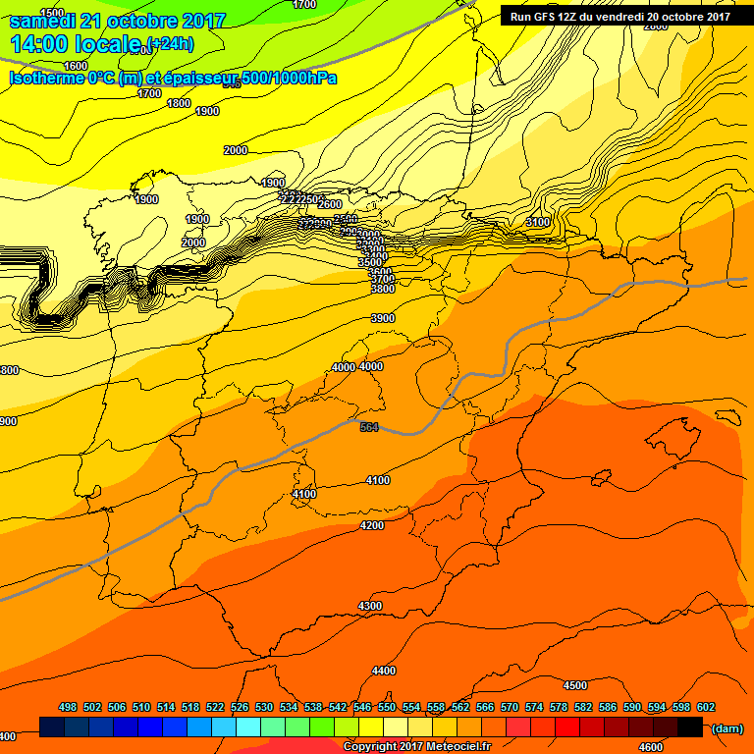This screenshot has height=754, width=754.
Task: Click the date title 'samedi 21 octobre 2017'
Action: (x=118, y=21)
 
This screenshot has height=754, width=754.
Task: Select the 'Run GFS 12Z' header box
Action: (x=619, y=16)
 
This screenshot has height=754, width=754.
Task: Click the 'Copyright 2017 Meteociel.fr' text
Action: (x=416, y=746)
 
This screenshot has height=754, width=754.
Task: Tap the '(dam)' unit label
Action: (x=726, y=728)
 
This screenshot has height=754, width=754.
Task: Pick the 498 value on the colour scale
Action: (x=68, y=707)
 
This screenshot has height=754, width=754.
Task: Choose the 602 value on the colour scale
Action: (x=706, y=707)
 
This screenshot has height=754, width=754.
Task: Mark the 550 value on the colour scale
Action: (x=387, y=707)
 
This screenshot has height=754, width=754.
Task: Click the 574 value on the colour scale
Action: (x=534, y=707)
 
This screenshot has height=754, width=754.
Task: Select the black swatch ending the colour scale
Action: (x=690, y=727)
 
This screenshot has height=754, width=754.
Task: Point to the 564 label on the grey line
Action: (x=369, y=427)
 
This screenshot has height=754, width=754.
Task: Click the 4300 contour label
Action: (x=370, y=606)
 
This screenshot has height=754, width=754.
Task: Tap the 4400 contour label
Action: (x=384, y=671)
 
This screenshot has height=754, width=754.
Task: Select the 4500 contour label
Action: (x=575, y=685)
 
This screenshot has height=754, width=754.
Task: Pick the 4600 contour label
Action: (x=650, y=720)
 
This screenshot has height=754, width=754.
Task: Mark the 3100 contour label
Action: (x=538, y=223)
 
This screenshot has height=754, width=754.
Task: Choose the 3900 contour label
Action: (x=383, y=318)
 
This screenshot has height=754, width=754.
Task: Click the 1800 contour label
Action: (x=179, y=103)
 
